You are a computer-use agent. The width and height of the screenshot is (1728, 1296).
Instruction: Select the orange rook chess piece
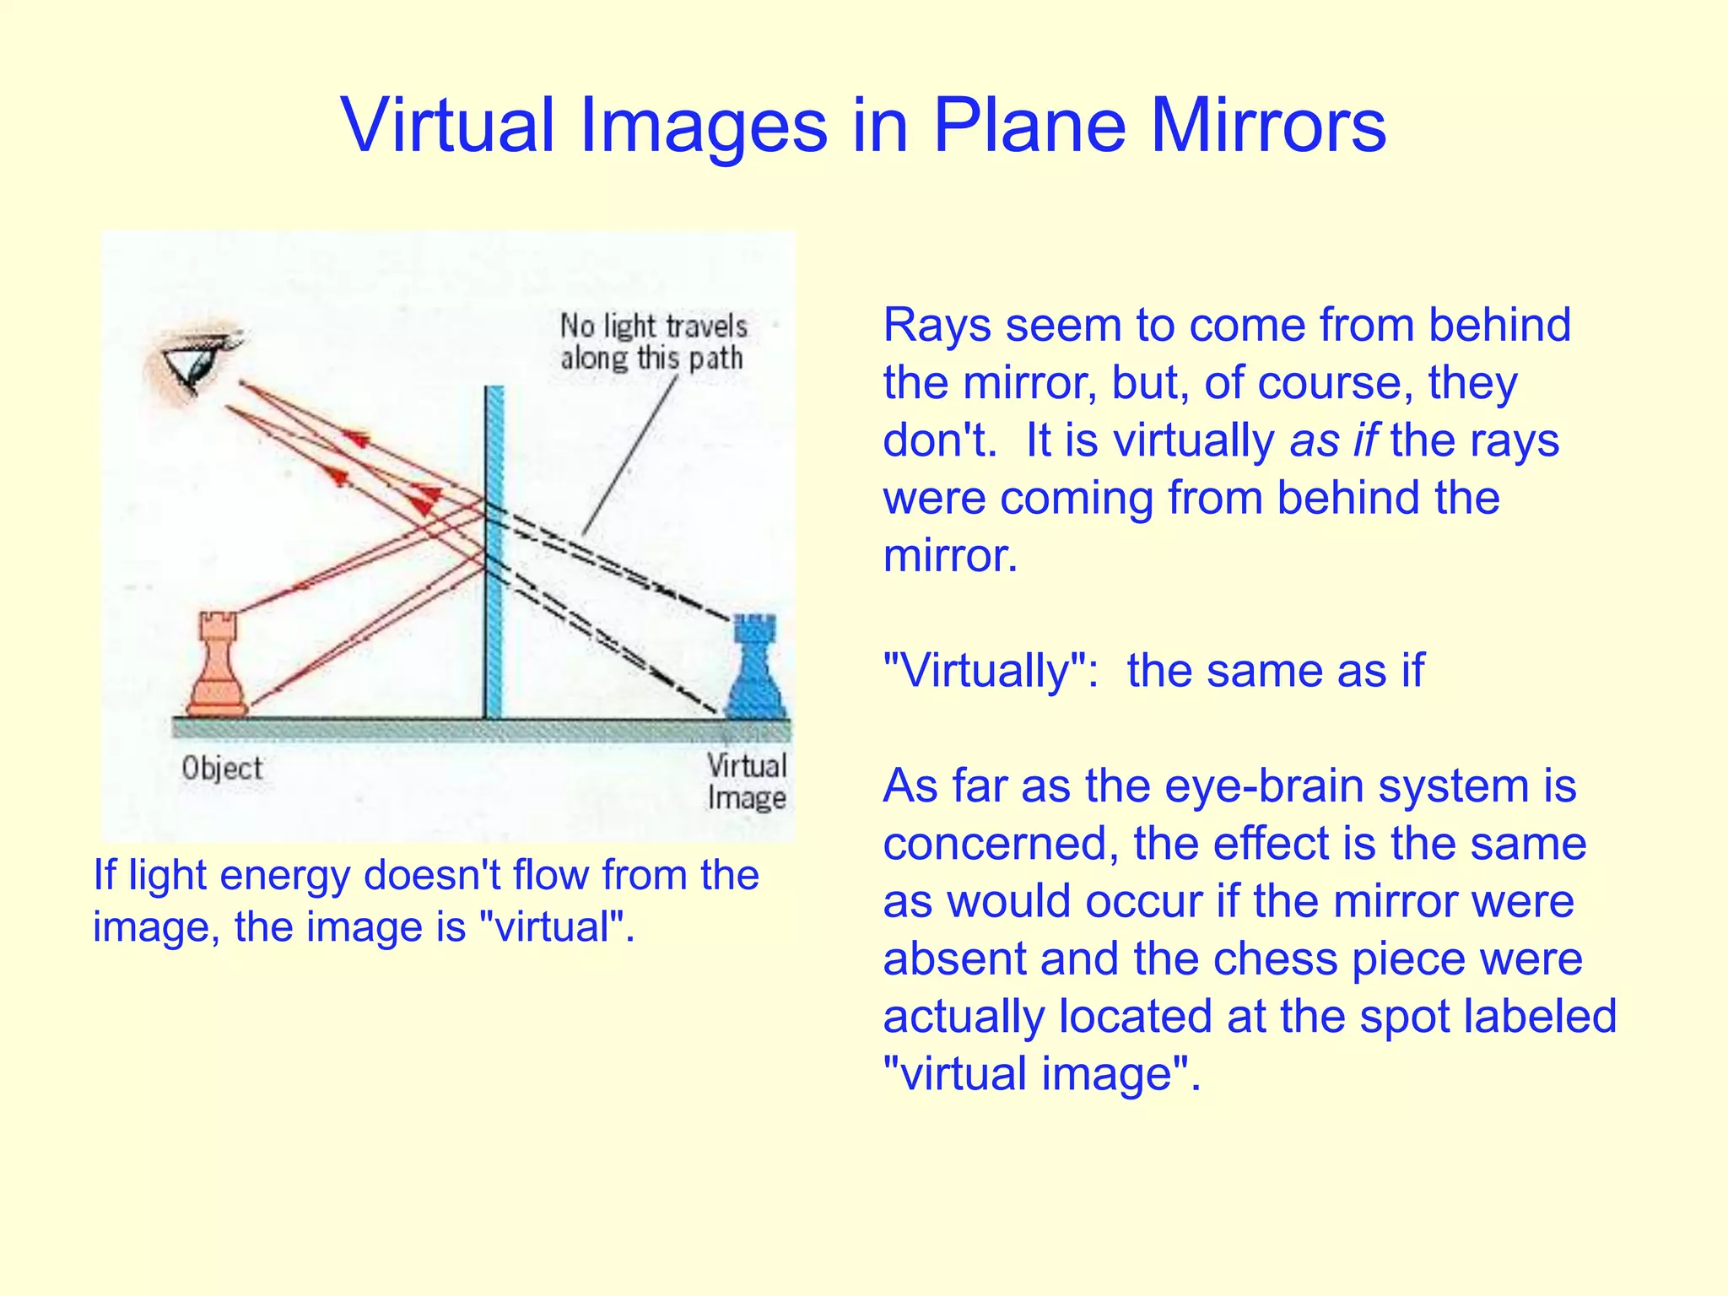pyautogui.click(x=218, y=667)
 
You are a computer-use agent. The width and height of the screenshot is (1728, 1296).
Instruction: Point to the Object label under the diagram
pyautogui.click(x=222, y=768)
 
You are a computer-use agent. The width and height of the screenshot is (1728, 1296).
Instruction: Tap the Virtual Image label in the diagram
pyautogui.click(x=747, y=781)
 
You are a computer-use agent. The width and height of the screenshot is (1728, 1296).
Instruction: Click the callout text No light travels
pyautogui.click(x=653, y=326)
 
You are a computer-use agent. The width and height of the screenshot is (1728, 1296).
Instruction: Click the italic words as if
pyautogui.click(x=1333, y=440)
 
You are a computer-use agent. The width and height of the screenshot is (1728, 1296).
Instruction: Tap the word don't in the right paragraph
pyautogui.click(x=937, y=440)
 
